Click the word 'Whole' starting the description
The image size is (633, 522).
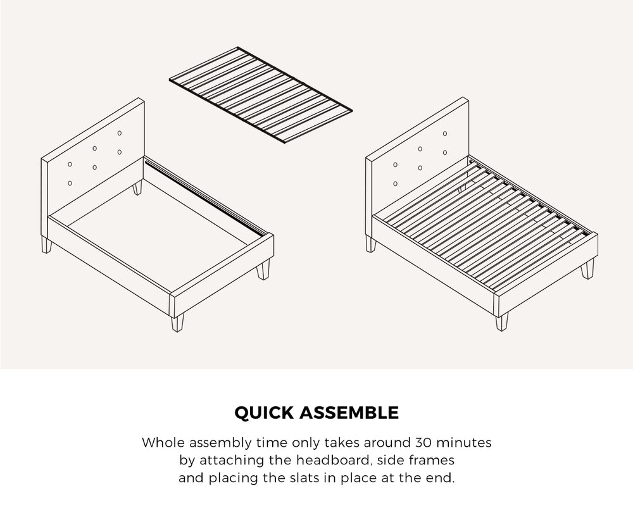[x=161, y=442]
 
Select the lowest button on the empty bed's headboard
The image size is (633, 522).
[x=70, y=183]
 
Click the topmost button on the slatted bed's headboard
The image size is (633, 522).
[x=445, y=133]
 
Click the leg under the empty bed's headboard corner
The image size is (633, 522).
[x=46, y=245]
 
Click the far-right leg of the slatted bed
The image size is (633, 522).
[x=587, y=269]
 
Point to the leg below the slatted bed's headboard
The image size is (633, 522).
[x=370, y=244]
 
